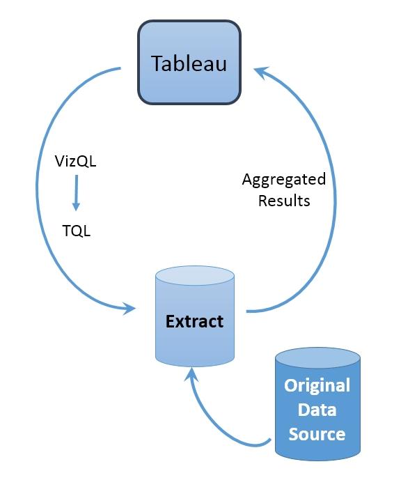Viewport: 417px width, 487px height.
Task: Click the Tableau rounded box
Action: [189, 62]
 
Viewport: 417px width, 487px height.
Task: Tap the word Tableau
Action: [189, 63]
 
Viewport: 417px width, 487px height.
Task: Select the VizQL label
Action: [75, 162]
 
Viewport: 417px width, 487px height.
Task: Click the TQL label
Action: [77, 231]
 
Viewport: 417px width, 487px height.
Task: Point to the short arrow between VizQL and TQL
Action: [76, 193]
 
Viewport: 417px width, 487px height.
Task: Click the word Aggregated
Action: [284, 180]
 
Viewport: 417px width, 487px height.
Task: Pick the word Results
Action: [284, 201]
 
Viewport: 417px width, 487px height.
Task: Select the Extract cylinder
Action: [195, 316]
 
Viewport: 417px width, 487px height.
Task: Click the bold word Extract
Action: [194, 321]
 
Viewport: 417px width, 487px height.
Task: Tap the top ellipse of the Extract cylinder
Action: [195, 276]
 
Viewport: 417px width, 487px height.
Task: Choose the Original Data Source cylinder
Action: [317, 404]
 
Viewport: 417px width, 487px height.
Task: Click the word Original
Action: [317, 386]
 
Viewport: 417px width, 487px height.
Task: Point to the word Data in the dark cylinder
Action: [317, 410]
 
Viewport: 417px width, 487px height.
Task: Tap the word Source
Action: [317, 434]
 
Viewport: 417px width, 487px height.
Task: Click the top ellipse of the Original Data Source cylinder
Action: [317, 358]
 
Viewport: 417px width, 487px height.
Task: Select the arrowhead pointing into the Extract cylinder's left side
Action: [129, 309]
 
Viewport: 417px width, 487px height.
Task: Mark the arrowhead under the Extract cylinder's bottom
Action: [191, 374]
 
